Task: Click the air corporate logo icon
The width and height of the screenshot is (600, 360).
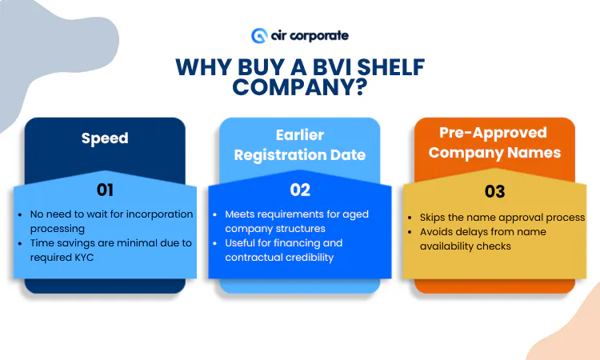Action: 258,36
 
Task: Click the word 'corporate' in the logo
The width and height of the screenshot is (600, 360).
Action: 319,36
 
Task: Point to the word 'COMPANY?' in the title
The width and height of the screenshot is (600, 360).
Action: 300,87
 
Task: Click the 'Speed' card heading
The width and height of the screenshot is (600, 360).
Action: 105,138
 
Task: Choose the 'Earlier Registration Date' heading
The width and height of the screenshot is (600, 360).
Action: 299,144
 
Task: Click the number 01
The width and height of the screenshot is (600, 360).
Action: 105,190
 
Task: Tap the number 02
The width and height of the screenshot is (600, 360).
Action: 299,190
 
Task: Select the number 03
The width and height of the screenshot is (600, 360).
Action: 495,192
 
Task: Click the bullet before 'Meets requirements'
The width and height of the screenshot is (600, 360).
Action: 217,214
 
